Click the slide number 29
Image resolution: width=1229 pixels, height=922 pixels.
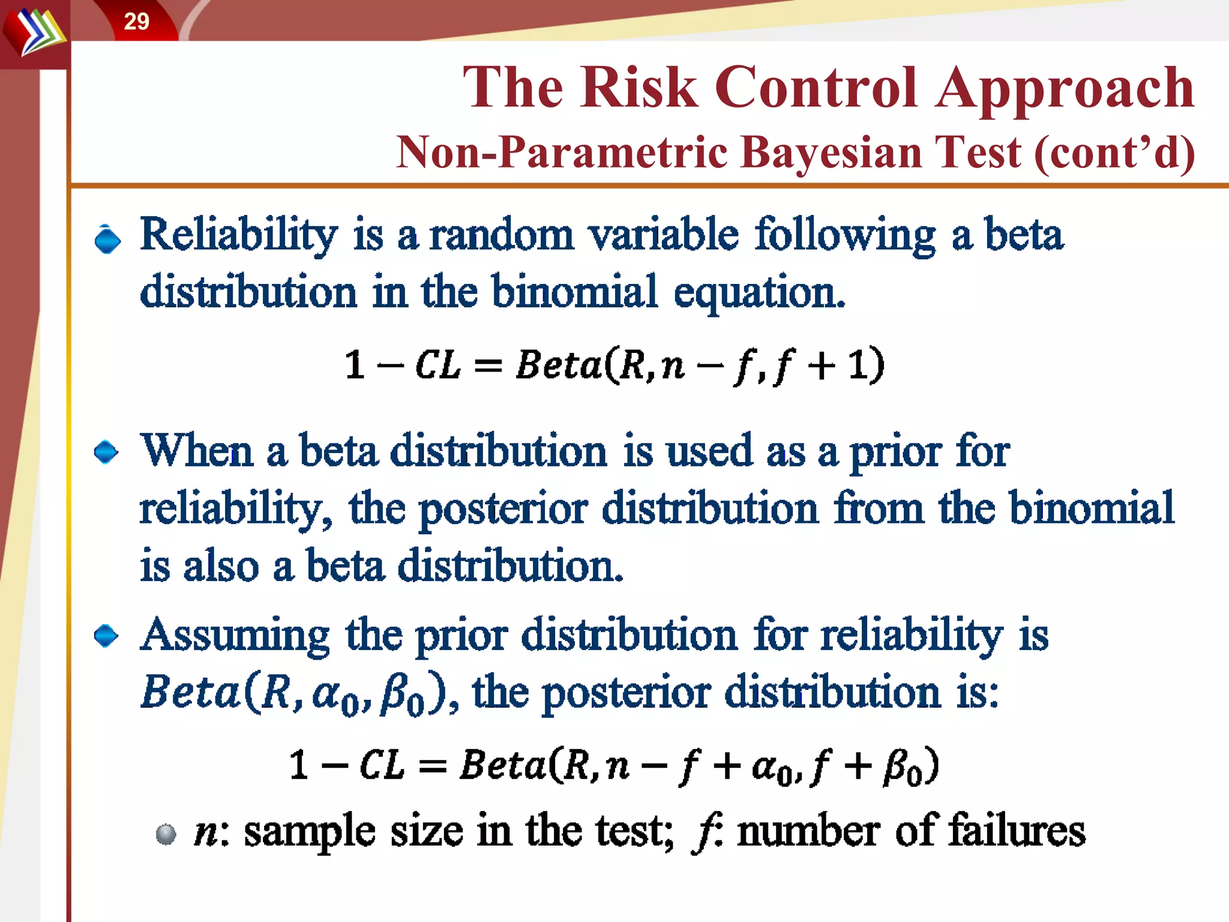click(136, 22)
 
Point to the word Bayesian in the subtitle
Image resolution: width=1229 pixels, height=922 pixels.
click(880, 152)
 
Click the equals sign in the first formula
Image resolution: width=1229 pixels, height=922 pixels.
click(487, 366)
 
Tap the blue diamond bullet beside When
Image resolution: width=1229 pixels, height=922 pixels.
click(107, 452)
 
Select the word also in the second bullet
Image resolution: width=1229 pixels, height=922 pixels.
click(221, 566)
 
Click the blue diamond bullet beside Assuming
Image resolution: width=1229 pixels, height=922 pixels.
click(107, 636)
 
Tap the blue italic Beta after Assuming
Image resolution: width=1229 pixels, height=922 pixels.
click(190, 692)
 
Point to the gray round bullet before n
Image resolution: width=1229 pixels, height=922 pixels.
click(166, 834)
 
